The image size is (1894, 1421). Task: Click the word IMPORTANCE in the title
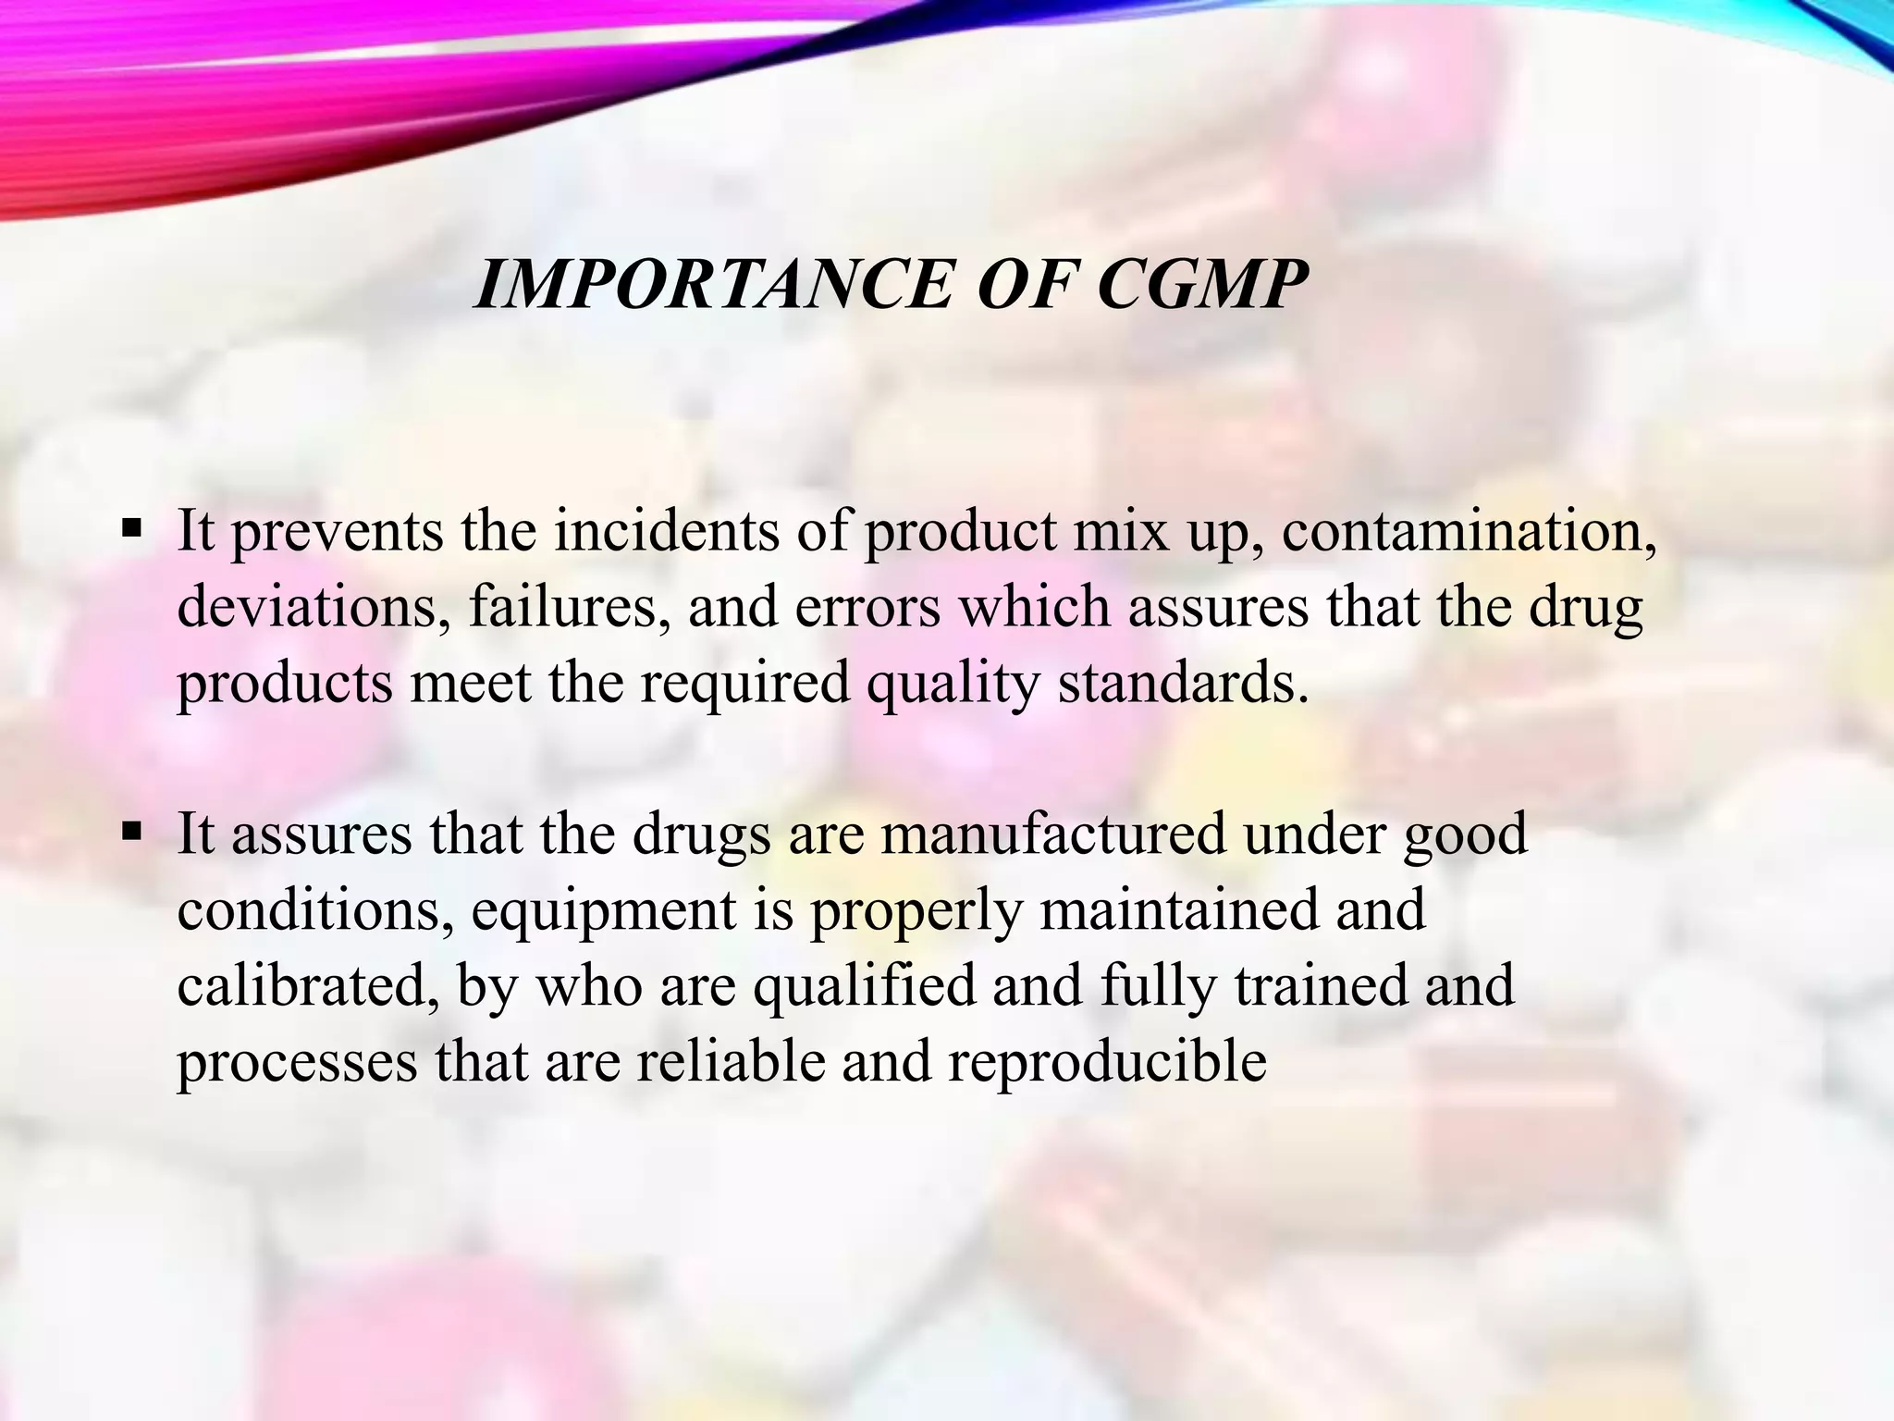[x=712, y=284]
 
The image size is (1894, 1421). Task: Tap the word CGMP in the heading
[x=1202, y=284]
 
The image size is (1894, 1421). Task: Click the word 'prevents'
[x=337, y=534]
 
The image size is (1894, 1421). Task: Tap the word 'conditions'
[x=315, y=910]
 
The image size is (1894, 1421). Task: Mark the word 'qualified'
[x=865, y=986]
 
